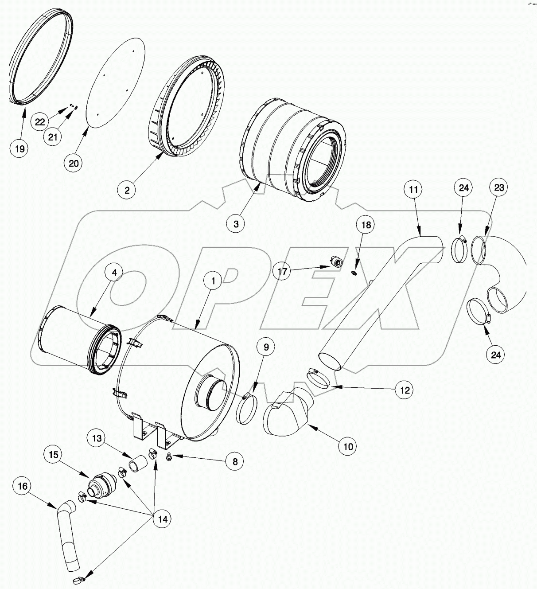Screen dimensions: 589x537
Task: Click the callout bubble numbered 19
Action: tap(20, 148)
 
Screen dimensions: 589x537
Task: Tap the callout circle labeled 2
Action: tap(127, 190)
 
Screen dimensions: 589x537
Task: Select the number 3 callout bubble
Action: tap(236, 224)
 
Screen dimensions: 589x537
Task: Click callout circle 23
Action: tap(498, 187)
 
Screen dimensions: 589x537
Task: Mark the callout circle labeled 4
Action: tap(114, 273)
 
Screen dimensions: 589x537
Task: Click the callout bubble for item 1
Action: tap(213, 281)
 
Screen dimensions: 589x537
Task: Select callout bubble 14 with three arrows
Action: tap(163, 519)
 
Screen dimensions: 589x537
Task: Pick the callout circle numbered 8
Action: tap(234, 461)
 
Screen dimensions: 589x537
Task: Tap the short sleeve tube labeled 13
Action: tap(136, 466)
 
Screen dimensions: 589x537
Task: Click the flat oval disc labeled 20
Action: tap(117, 80)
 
